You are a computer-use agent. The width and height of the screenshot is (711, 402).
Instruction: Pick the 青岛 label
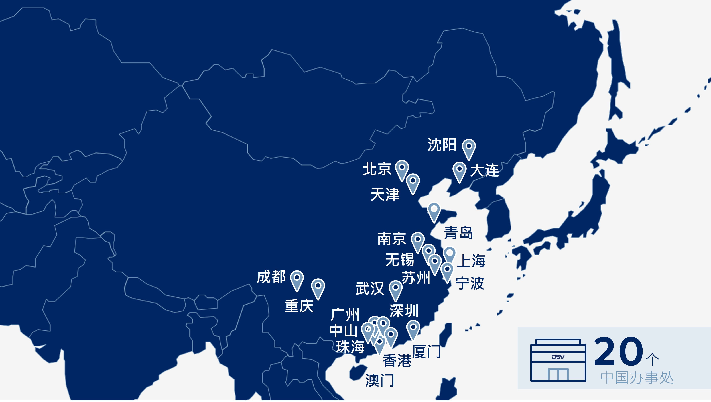(458, 233)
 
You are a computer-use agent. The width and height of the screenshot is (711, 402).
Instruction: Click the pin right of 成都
(297, 278)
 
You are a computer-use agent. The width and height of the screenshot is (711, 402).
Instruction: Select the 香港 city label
(397, 361)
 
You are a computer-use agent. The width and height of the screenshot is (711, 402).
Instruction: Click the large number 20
(619, 352)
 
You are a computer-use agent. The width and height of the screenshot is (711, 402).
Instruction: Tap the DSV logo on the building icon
(558, 357)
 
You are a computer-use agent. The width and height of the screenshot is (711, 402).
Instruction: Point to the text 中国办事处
(637, 378)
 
